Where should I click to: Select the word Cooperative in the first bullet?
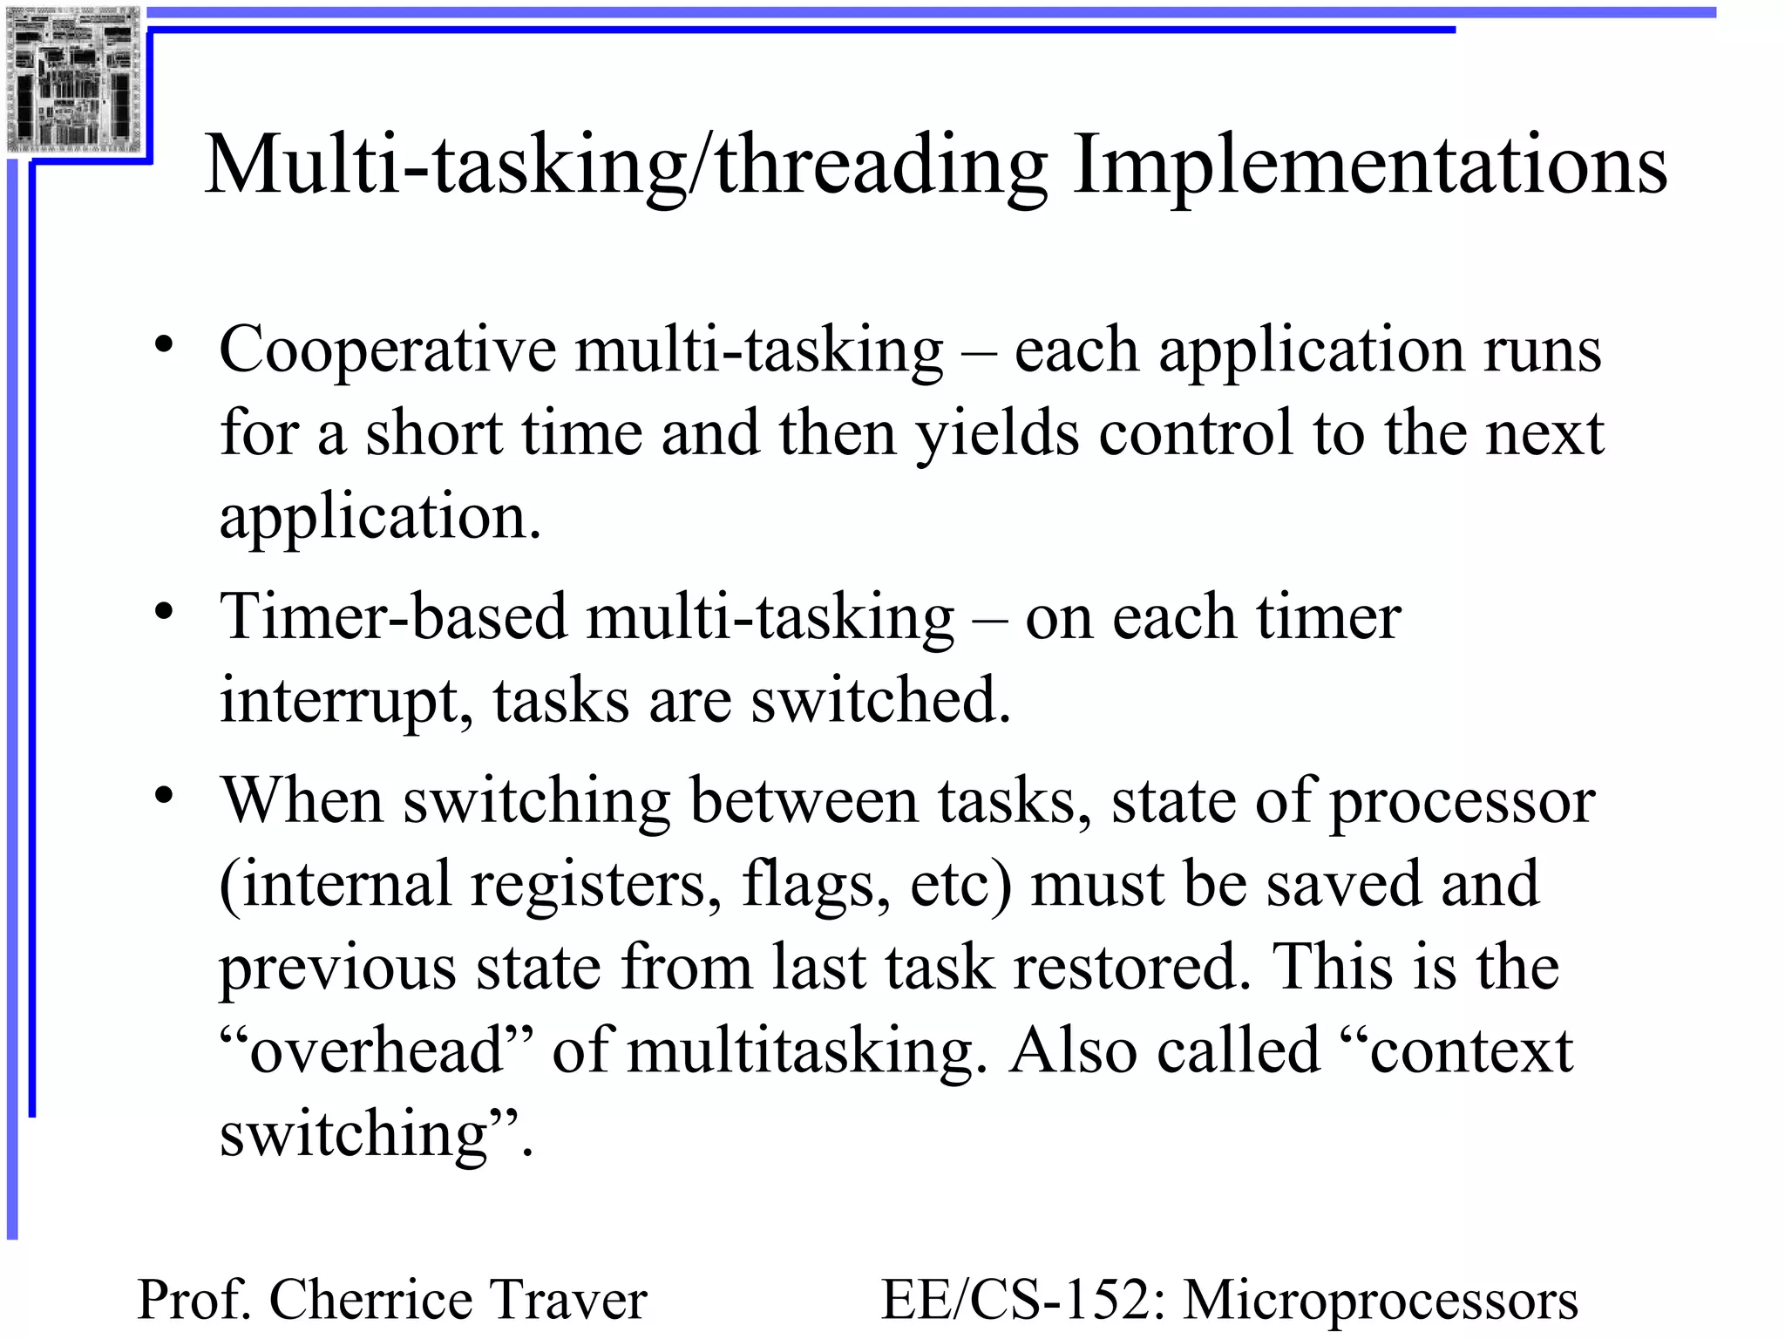coord(387,350)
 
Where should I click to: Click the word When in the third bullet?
coord(301,799)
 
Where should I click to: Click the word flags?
coord(816,885)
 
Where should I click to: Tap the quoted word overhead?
coord(376,1050)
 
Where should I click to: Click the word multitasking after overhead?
coord(806,1051)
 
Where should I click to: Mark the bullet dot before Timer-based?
coord(164,611)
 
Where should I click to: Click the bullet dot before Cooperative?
coord(164,344)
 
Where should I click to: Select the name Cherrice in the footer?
coord(369,1300)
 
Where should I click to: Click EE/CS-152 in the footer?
coord(1025,1300)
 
